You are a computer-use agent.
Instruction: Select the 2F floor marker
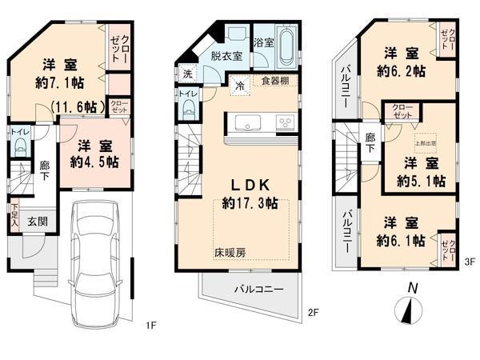coord(314,311)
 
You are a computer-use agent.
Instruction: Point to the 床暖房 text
coord(228,253)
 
